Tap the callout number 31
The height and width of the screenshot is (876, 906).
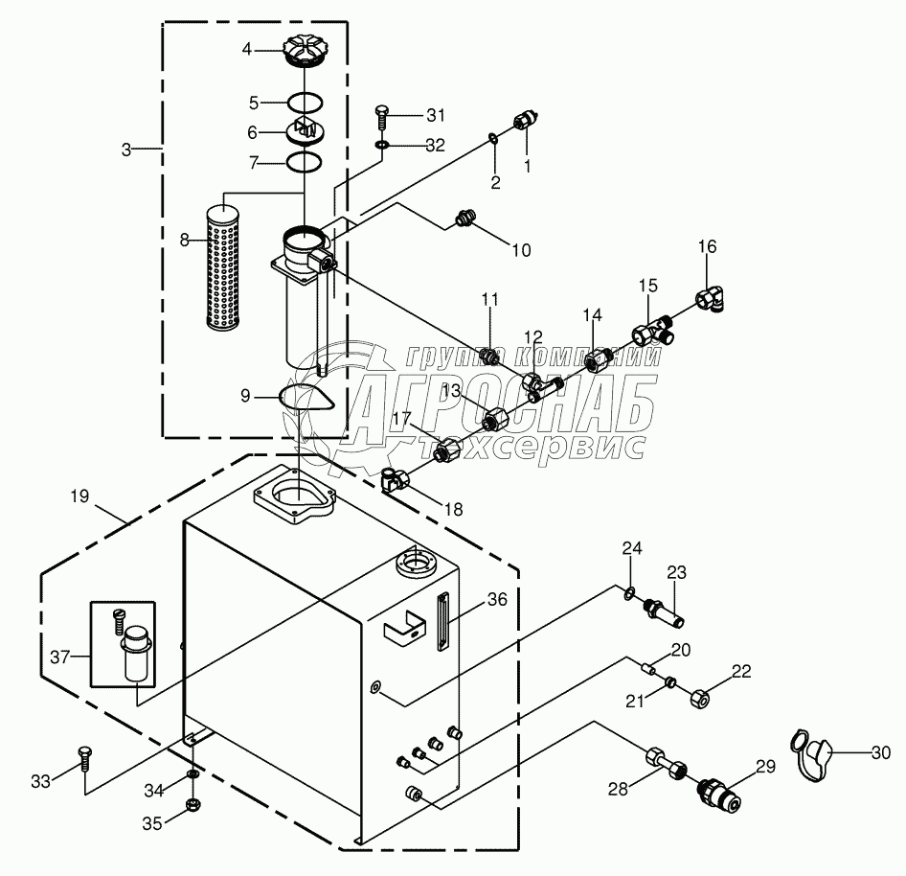point(436,116)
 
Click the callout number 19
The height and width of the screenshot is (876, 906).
point(79,496)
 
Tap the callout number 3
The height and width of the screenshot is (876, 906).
point(126,149)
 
